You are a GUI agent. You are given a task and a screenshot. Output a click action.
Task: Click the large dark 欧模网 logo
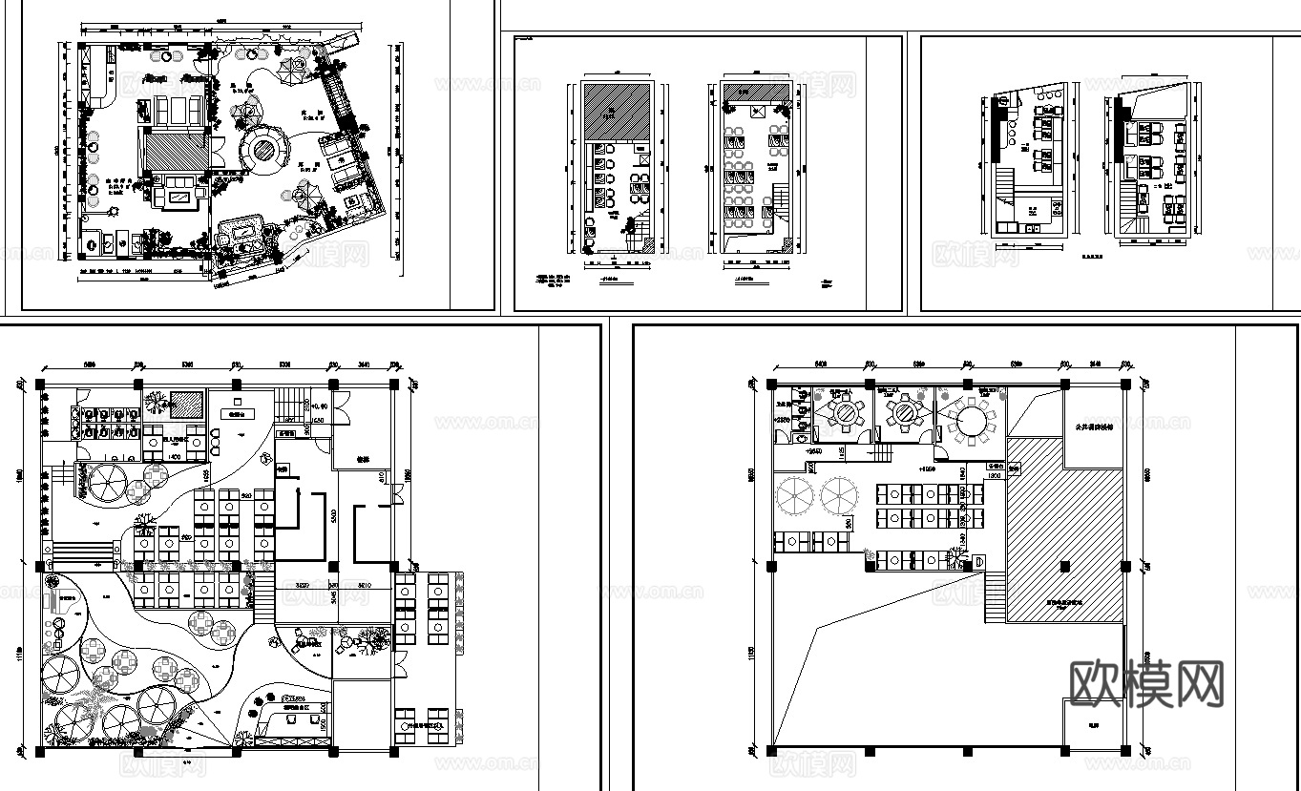[x=1146, y=684]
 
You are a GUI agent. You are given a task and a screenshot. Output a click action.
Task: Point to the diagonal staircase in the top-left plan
[x=340, y=91]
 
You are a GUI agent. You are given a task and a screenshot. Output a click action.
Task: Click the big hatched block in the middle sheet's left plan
[x=617, y=112]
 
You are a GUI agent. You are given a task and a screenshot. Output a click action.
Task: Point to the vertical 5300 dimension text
[x=332, y=515]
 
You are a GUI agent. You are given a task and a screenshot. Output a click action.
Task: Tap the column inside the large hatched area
[x=1063, y=567]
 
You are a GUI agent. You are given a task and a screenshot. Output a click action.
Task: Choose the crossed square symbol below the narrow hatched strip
[x=759, y=113]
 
